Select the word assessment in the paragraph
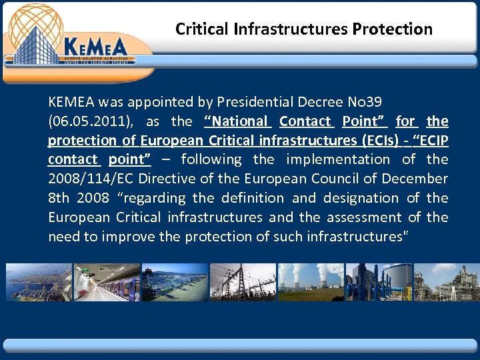(363, 217)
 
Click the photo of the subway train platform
(107, 282)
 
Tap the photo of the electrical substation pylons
(243, 282)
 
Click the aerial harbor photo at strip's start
(39, 282)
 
